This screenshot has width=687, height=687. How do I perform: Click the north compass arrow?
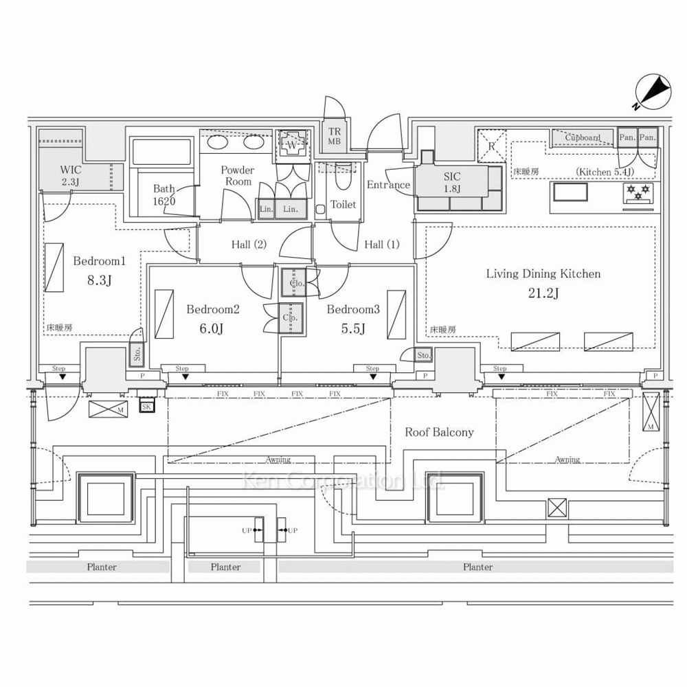click(653, 93)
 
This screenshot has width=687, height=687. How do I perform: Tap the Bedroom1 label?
click(100, 261)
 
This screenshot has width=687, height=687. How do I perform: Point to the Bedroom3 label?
click(353, 310)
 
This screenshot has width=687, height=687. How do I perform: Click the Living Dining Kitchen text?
click(543, 273)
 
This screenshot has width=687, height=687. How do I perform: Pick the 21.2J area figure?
click(543, 293)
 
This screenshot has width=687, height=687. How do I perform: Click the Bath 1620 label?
click(164, 194)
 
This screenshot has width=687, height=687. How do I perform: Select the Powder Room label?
click(238, 175)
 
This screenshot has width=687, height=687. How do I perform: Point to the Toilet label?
click(343, 204)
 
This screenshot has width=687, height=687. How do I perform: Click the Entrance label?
click(388, 184)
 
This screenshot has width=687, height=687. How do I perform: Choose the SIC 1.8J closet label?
click(452, 182)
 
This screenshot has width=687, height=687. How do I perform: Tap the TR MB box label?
click(335, 137)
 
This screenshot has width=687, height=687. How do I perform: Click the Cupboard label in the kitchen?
click(583, 137)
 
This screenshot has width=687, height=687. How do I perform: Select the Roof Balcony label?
click(439, 432)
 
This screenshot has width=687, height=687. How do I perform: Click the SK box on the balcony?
click(146, 407)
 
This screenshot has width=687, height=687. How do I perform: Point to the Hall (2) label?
click(249, 244)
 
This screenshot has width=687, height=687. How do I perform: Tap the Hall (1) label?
click(381, 244)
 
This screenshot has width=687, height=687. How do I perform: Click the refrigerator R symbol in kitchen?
click(492, 145)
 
